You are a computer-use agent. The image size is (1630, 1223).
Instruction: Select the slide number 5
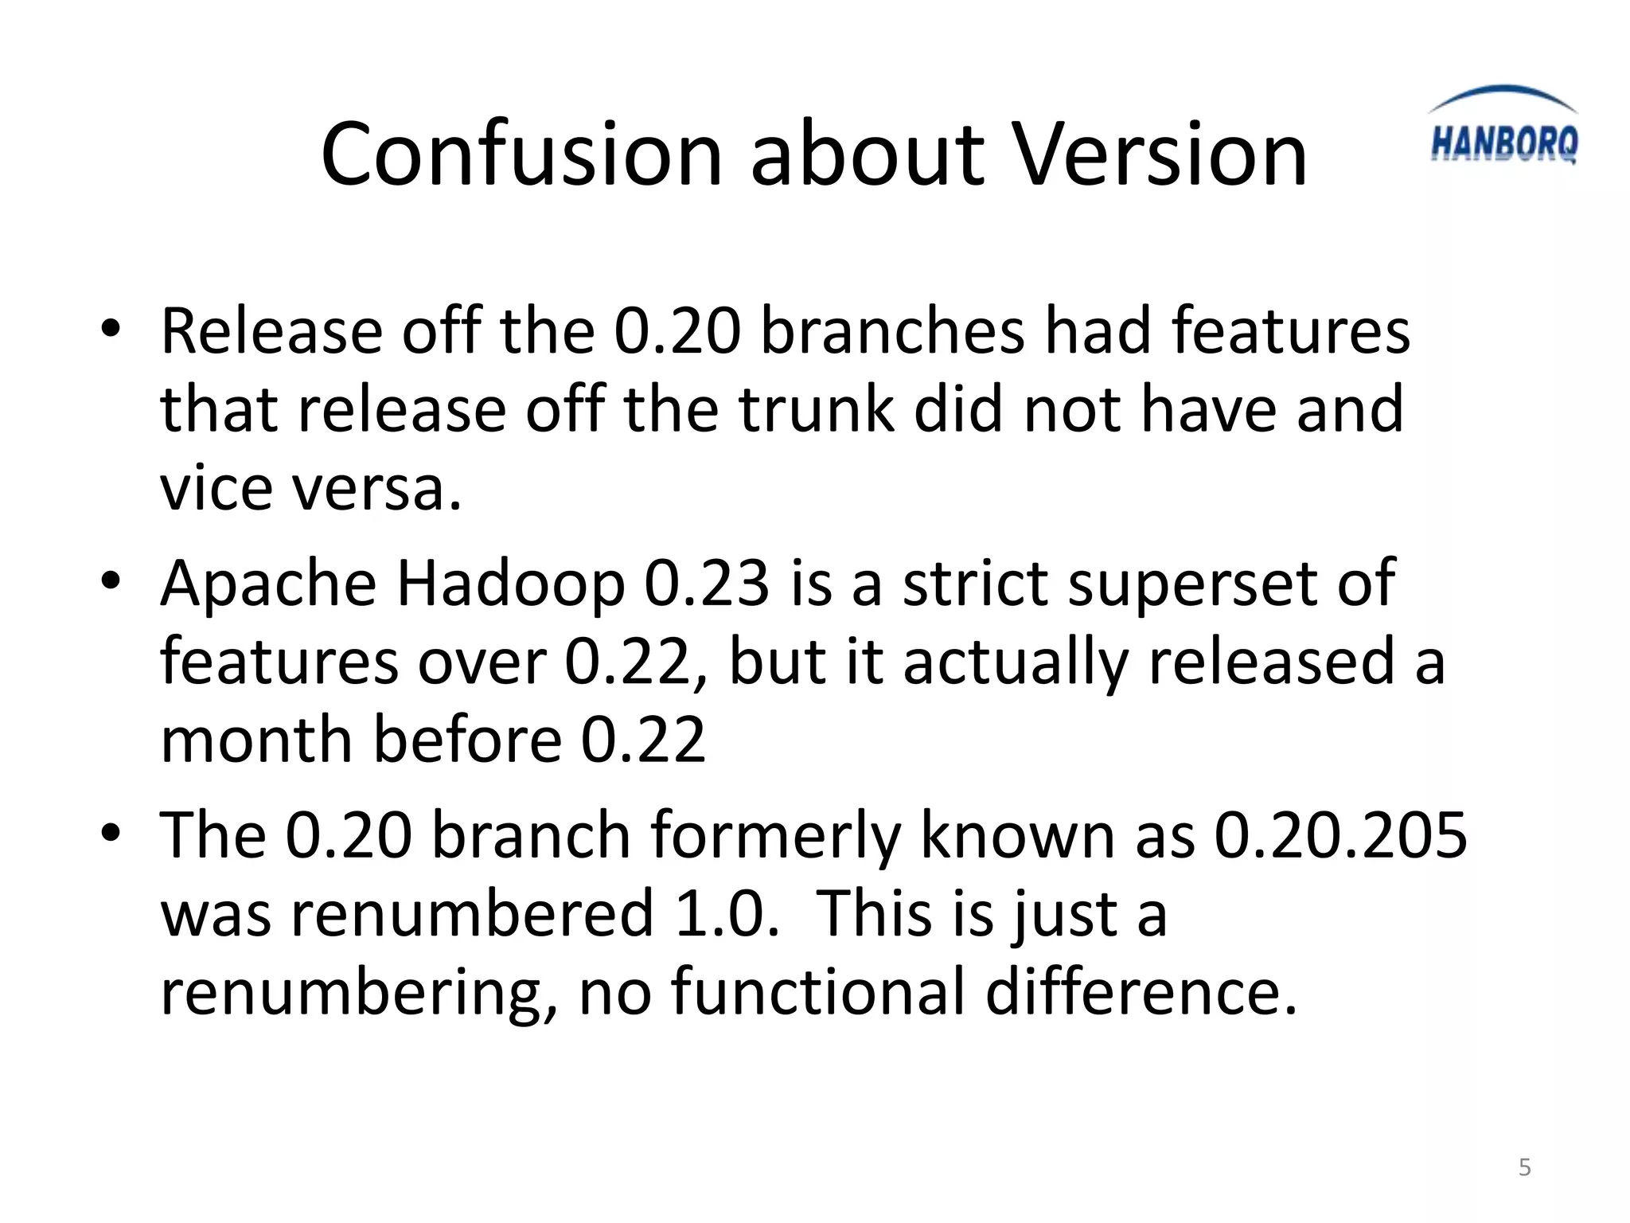point(1525,1167)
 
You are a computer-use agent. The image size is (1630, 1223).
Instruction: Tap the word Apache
point(268,584)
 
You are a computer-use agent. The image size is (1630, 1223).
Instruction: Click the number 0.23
point(707,584)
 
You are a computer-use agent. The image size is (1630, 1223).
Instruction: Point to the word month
point(257,740)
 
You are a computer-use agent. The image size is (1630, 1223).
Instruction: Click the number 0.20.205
point(1340,835)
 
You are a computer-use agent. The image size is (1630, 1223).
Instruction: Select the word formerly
point(775,837)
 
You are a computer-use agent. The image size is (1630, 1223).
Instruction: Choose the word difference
point(1141,991)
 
